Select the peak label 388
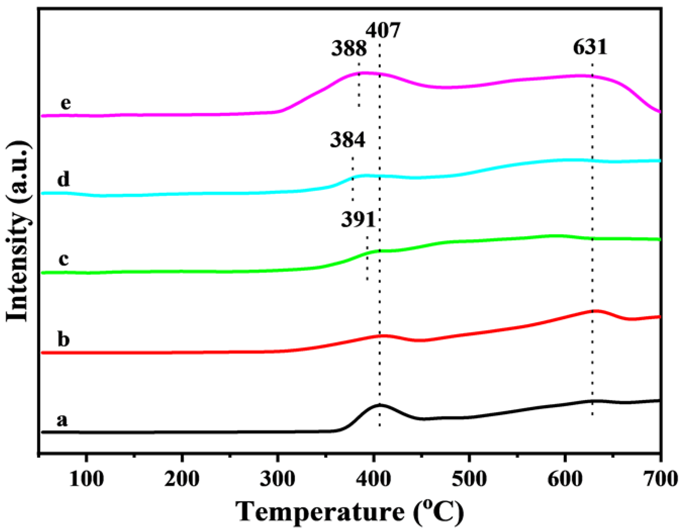[x=349, y=49]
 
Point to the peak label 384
[x=348, y=140]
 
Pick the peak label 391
[x=358, y=220]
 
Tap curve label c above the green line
[x=64, y=259]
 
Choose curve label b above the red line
[x=64, y=339]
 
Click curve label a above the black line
[x=62, y=420]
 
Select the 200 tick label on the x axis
[x=182, y=479]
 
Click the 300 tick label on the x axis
[x=277, y=479]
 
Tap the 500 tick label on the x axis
[x=469, y=479]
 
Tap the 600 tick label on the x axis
[x=565, y=479]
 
